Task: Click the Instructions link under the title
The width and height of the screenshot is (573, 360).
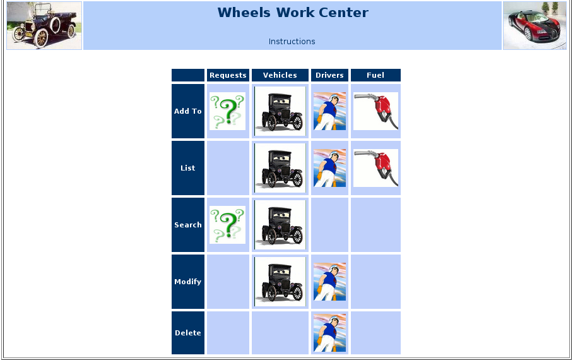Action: coord(292,42)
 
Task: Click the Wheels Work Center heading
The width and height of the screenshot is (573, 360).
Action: coord(292,13)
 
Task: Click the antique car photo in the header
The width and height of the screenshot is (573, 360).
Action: coord(44,25)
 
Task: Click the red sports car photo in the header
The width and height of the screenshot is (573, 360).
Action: coord(535,25)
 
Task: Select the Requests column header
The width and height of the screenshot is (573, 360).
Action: coord(228,75)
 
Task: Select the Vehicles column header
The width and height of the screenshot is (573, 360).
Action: coord(280,75)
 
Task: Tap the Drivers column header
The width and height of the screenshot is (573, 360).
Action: coord(329,75)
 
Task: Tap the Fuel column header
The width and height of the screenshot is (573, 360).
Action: coord(375,75)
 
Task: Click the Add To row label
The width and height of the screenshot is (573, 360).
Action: coord(188,111)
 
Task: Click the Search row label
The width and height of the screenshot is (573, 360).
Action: coord(188,225)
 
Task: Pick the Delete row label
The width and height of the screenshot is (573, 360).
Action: coord(188,333)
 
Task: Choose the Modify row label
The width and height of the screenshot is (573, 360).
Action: coord(188,282)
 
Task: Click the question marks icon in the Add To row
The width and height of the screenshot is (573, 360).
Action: coord(227,111)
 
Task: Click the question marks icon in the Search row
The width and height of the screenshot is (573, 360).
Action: coord(227,225)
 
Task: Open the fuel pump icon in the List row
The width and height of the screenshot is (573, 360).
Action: coord(375,168)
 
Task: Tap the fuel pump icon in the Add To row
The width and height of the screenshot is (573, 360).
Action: coord(375,111)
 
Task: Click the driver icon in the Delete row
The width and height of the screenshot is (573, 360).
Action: coord(329,333)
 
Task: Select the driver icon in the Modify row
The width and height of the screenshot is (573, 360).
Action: coord(329,282)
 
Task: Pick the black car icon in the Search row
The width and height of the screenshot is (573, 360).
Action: coord(280,225)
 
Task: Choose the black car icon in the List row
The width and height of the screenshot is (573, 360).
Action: coord(280,168)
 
